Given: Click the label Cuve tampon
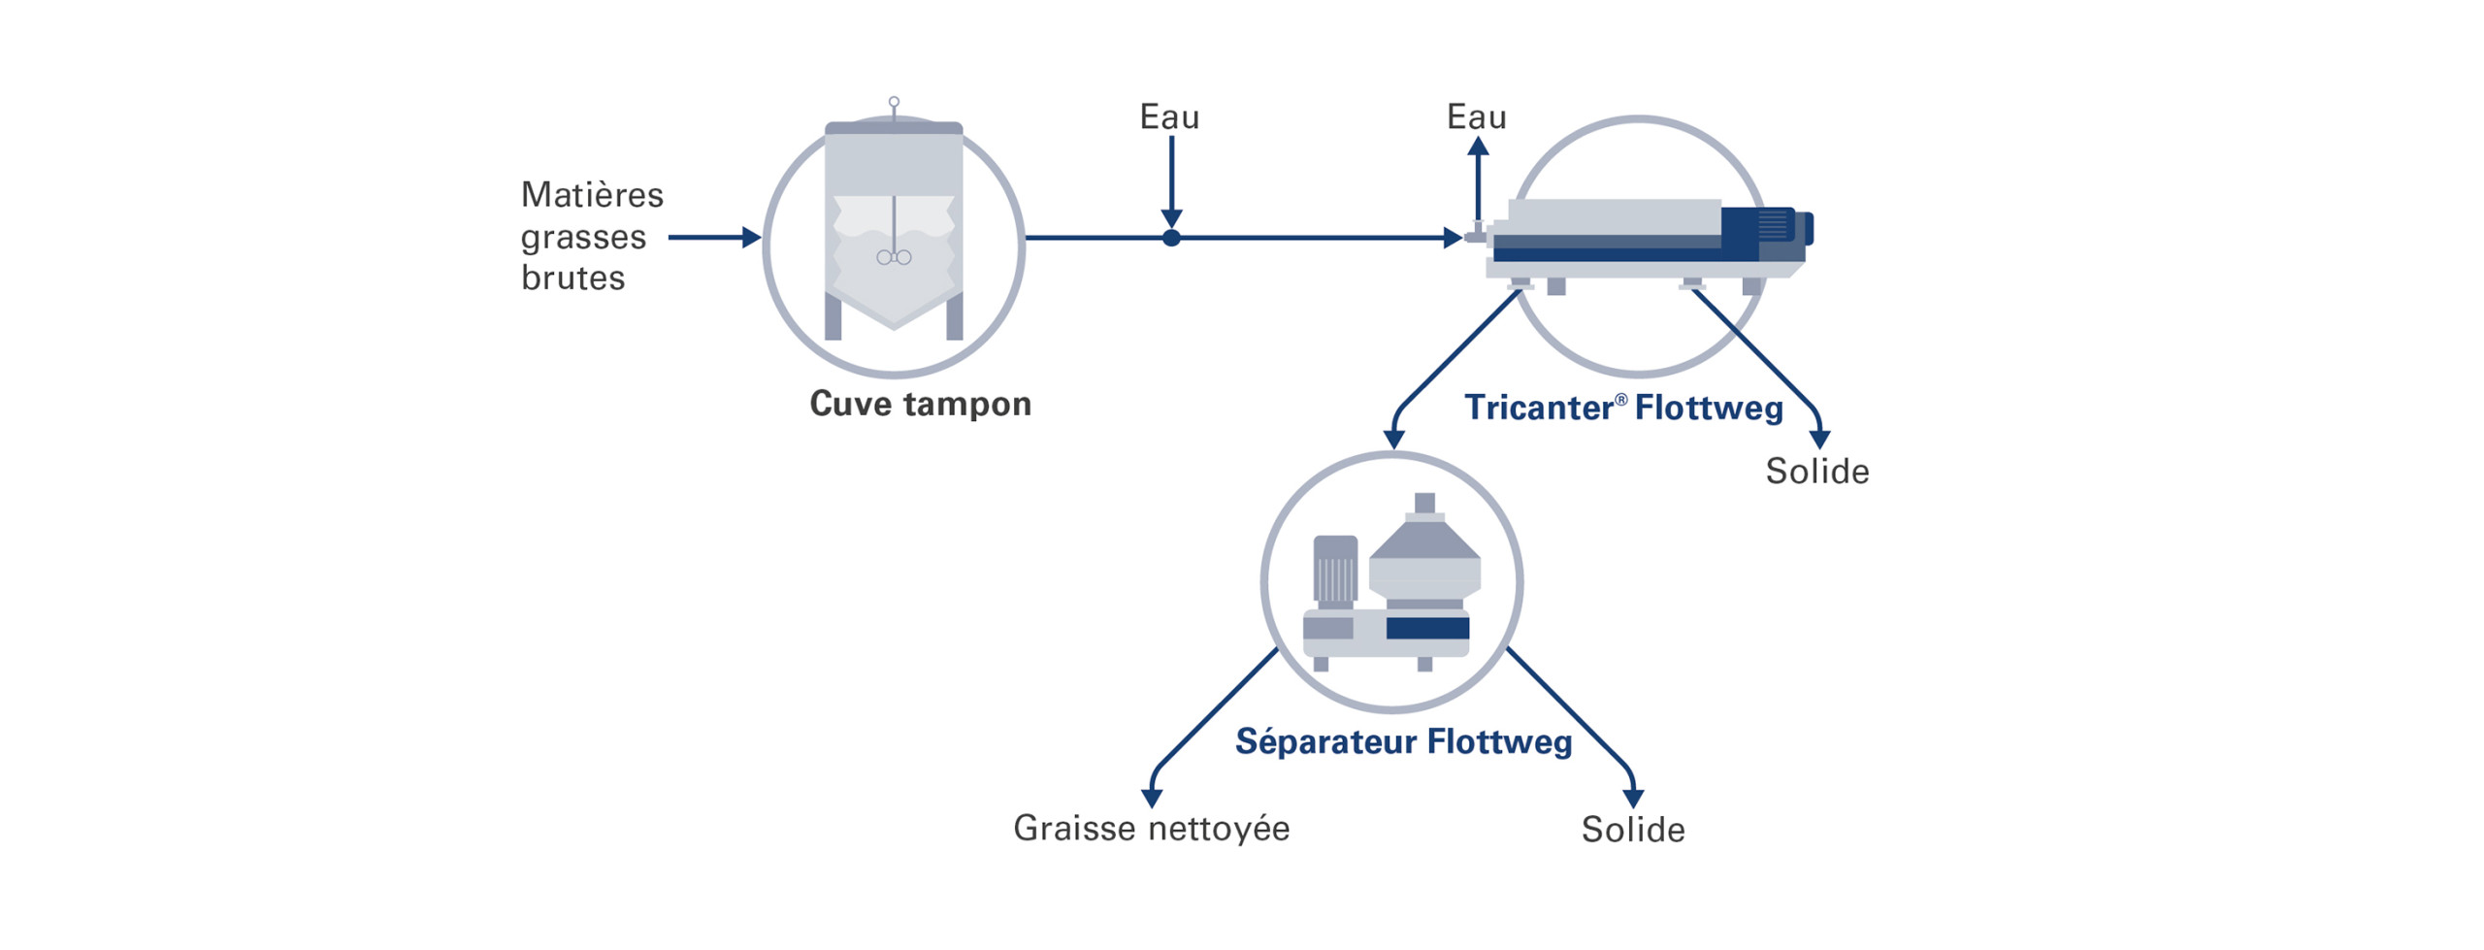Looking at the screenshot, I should pos(920,404).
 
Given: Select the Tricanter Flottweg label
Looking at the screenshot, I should pos(1623,408).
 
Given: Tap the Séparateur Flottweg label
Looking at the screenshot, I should pos(1403,742).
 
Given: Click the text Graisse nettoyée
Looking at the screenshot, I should pos(1151,829).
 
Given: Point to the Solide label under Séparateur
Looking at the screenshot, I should pos(1633,830).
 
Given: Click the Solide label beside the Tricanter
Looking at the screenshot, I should pos(1816,472).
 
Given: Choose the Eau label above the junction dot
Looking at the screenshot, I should pos(1169,117).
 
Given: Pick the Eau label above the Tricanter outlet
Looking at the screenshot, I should pos(1476,117).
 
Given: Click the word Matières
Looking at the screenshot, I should pos(592,195).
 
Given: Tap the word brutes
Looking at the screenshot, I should pos(572,278).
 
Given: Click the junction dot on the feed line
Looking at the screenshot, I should pos(1171,238).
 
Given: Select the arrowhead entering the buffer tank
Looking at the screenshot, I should pos(751,237).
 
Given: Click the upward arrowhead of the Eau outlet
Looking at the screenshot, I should pos(1478,147).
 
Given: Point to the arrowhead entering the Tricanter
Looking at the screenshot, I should pos(1453,238).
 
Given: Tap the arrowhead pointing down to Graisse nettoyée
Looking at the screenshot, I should pos(1152,798).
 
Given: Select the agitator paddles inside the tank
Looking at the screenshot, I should pos(894,257).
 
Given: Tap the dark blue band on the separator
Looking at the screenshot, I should pos(1427,629).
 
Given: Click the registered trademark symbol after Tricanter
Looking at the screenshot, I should pos(1620,399).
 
